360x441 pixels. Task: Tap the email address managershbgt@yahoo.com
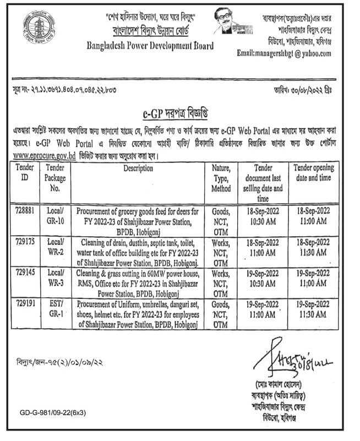(x=284, y=53)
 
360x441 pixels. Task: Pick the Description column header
(x=138, y=167)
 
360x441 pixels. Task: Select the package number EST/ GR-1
(x=55, y=307)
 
